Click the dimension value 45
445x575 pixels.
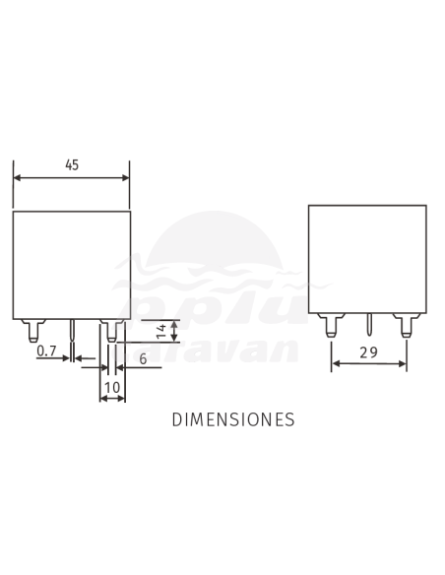pos(72,165)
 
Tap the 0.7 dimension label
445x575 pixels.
pos(45,351)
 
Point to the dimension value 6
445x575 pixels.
pos(143,359)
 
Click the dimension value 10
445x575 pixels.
pos(112,388)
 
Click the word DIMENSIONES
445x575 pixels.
pos(233,419)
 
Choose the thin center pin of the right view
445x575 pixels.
pos(368,328)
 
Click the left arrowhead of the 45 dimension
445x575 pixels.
pos(17,178)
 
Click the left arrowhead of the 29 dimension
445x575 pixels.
pos(335,364)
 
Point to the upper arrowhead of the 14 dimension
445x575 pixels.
pos(174,324)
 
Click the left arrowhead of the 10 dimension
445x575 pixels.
pos(102,400)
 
